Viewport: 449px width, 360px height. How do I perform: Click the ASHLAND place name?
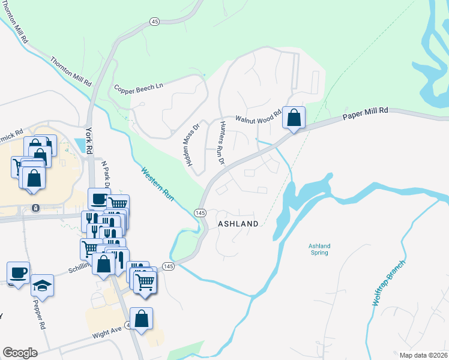[238, 224]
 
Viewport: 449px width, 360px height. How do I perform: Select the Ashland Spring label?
[319, 249]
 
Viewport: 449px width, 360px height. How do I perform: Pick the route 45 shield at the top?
[154, 22]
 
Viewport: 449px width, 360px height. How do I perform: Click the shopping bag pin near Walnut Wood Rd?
[294, 118]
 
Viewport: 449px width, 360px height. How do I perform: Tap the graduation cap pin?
[42, 284]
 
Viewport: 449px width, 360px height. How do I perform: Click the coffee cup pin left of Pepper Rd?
[19, 273]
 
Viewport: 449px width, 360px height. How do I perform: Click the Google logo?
[20, 353]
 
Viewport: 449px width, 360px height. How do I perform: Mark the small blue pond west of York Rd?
[79, 145]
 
